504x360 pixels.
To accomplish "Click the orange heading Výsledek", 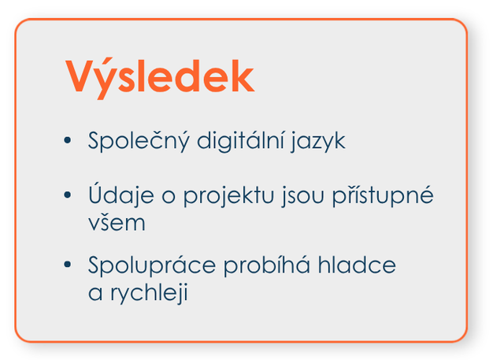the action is [160, 78].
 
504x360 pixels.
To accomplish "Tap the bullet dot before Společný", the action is [68, 140].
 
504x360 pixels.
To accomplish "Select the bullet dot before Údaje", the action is [68, 195].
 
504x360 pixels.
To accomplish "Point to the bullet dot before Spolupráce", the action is [68, 264].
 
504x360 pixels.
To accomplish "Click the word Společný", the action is [139, 141].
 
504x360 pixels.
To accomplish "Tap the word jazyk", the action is [318, 142].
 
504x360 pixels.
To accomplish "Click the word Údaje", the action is [121, 194].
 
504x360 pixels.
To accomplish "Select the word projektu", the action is [228, 195].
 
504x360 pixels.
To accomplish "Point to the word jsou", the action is [302, 195].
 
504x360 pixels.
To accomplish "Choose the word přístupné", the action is [383, 195].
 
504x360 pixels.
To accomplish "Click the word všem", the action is [117, 222].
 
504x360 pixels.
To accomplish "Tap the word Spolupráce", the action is [152, 265].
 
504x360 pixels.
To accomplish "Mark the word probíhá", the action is [267, 265].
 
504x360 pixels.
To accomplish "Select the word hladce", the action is [357, 265].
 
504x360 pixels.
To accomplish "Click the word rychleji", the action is [149, 292].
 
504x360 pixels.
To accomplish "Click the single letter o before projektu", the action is [169, 196].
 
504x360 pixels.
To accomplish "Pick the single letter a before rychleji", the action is [95, 293].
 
